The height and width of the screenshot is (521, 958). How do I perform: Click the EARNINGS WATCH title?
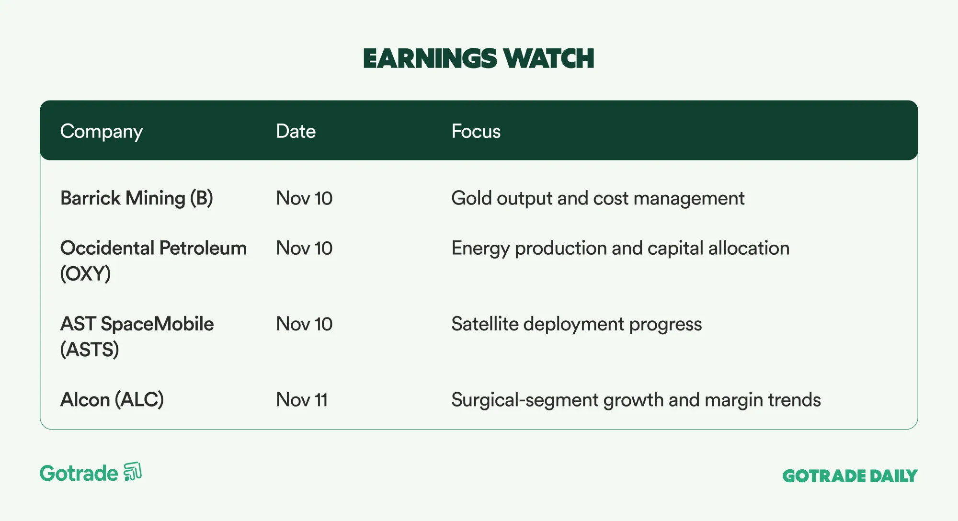(479, 58)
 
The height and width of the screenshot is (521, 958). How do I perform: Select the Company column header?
(102, 132)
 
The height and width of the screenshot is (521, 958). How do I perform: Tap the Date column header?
(296, 131)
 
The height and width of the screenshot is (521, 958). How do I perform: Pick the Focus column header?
(476, 131)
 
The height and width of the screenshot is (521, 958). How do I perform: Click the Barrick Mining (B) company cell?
(137, 198)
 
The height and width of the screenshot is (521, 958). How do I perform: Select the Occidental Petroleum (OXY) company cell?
(153, 261)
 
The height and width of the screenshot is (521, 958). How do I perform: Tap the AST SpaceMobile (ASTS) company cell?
(137, 337)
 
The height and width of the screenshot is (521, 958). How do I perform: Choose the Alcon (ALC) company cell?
(112, 399)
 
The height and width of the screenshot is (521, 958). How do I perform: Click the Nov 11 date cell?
(302, 400)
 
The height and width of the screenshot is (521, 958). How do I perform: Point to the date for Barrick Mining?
(304, 198)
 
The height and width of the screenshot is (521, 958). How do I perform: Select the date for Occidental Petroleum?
(304, 248)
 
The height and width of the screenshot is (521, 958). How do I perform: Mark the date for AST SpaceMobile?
(304, 324)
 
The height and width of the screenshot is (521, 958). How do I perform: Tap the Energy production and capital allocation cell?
(620, 249)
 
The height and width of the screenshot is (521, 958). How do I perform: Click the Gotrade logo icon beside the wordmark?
(133, 472)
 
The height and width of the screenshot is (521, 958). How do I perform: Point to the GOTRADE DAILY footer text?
(850, 476)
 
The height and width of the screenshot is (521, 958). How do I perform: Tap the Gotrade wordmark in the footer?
(79, 474)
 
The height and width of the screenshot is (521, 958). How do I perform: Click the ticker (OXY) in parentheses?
(85, 274)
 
